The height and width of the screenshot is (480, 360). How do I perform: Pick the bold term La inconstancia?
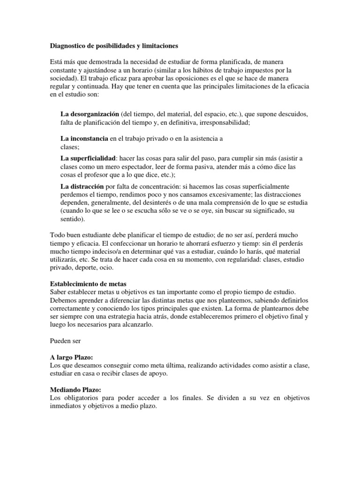point(84,139)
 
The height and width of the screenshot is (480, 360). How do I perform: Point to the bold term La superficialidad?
point(88,158)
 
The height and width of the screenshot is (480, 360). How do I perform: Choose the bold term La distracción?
point(82,187)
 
